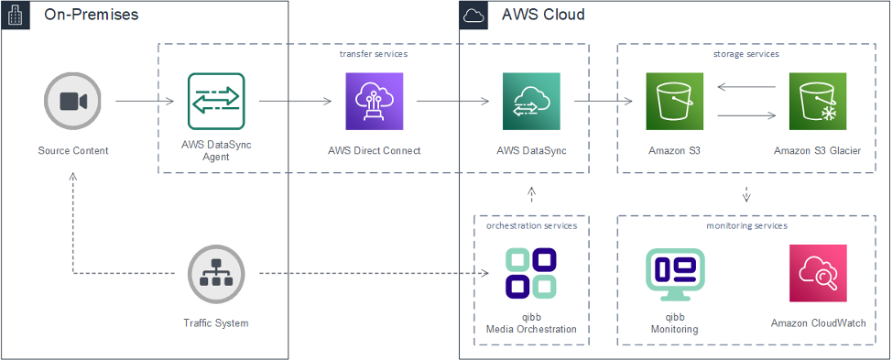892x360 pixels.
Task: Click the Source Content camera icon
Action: click(x=73, y=101)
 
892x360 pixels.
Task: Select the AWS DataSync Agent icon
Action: click(x=216, y=101)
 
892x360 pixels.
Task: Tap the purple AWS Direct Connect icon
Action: click(x=374, y=101)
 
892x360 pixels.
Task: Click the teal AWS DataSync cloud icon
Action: click(x=531, y=101)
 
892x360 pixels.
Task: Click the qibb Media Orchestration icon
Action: click(x=531, y=273)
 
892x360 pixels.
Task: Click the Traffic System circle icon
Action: click(x=216, y=274)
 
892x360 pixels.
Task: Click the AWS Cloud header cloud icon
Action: click(x=473, y=16)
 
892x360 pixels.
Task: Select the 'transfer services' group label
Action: click(x=374, y=54)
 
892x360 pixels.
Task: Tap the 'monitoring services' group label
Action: click(x=746, y=225)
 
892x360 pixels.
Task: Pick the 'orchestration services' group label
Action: click(x=531, y=225)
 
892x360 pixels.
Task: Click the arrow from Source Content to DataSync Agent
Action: click(x=145, y=101)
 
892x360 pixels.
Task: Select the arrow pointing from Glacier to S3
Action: click(x=746, y=88)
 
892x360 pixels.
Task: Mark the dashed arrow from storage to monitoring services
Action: click(x=746, y=194)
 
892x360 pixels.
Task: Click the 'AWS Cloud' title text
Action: click(x=543, y=16)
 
